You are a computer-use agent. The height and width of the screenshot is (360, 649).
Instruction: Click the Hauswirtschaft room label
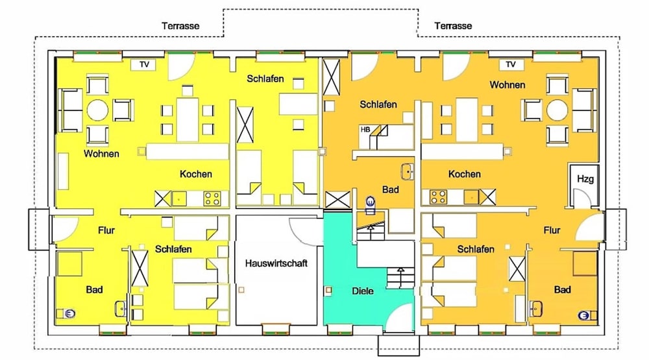(276, 263)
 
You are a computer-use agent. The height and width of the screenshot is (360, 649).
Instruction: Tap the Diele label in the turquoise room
(362, 291)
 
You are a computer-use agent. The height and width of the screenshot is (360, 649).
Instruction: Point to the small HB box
(365, 130)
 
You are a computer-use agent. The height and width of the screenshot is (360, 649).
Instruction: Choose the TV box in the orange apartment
(511, 64)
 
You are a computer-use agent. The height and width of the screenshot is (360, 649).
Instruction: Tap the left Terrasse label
(180, 26)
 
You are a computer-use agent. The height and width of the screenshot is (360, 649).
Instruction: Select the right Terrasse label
(453, 26)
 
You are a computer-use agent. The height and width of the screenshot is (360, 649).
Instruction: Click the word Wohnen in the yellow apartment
(101, 154)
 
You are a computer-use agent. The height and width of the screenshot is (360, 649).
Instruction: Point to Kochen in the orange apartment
(465, 174)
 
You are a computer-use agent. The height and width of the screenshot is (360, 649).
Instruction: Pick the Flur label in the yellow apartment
(106, 230)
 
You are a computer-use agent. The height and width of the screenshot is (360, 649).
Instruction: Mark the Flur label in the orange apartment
(552, 230)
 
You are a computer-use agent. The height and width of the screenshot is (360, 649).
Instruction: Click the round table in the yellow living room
(98, 110)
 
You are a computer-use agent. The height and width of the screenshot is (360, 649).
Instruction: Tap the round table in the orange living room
(557, 110)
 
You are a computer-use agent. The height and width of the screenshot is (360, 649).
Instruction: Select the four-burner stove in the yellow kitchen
(212, 198)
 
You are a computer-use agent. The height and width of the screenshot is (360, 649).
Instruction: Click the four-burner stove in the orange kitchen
(438, 197)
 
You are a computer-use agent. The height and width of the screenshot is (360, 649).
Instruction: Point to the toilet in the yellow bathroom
(70, 314)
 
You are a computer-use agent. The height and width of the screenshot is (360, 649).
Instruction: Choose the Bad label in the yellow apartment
(94, 289)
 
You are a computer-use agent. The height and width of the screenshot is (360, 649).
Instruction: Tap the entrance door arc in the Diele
(401, 317)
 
